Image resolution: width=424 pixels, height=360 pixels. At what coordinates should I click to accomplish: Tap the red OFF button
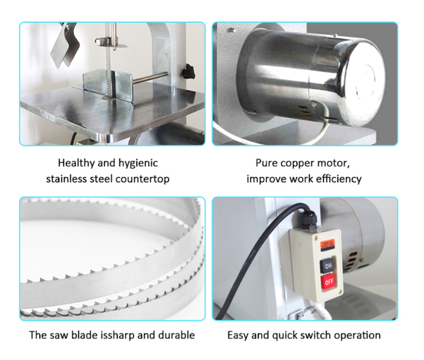328,282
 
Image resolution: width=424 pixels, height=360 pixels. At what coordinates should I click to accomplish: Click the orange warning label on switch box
328,244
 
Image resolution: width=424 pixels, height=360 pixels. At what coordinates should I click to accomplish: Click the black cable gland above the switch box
308,219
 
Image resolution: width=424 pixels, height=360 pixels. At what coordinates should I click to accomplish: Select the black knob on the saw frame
188,71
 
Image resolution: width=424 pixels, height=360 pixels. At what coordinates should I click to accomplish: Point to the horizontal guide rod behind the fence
150,77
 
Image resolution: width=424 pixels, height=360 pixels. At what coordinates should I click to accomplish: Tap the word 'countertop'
143,179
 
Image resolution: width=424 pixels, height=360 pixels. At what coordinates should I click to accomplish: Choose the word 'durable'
176,335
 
